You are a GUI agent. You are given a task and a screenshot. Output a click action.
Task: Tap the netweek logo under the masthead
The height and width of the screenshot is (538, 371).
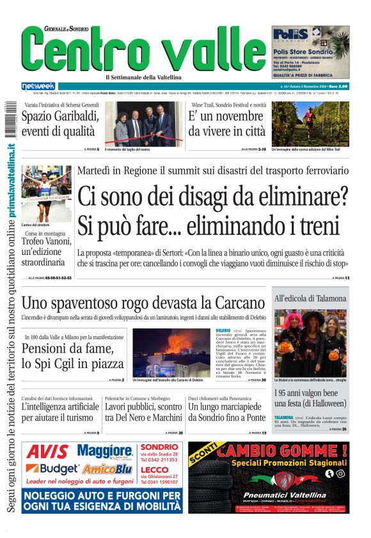click(x=38, y=86)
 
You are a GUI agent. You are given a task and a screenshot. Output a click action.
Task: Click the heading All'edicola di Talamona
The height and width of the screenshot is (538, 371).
click(x=310, y=298)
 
